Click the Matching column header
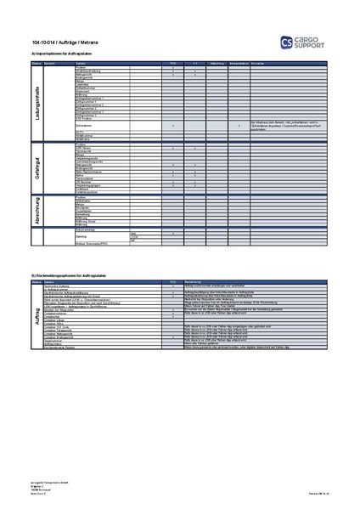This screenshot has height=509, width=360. pyautogui.click(x=217, y=63)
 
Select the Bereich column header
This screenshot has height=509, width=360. pyautogui.click(x=49, y=63)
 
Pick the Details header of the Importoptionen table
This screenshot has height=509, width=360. pyautogui.click(x=82, y=63)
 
